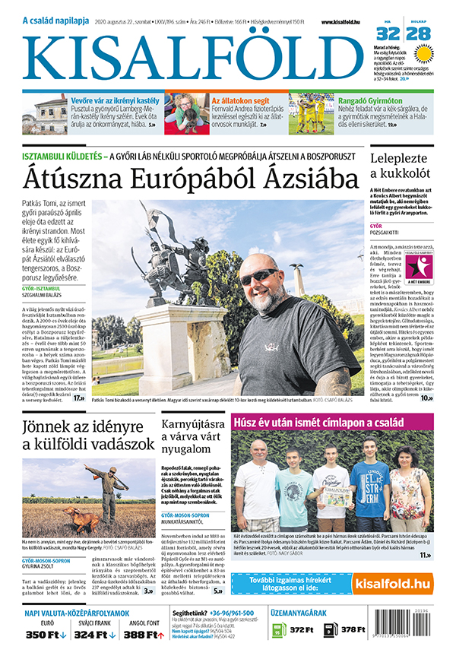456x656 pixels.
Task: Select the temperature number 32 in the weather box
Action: click(388, 34)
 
